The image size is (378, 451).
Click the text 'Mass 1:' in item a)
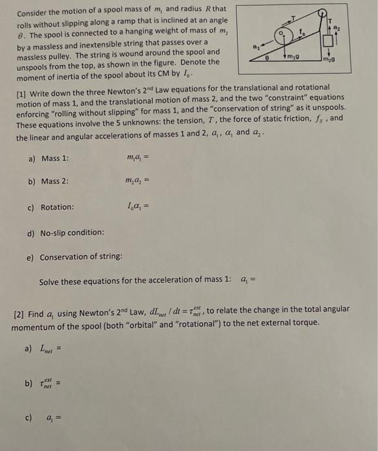tap(55, 158)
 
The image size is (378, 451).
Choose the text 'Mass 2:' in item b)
tap(55, 182)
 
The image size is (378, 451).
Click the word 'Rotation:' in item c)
tap(57, 207)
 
